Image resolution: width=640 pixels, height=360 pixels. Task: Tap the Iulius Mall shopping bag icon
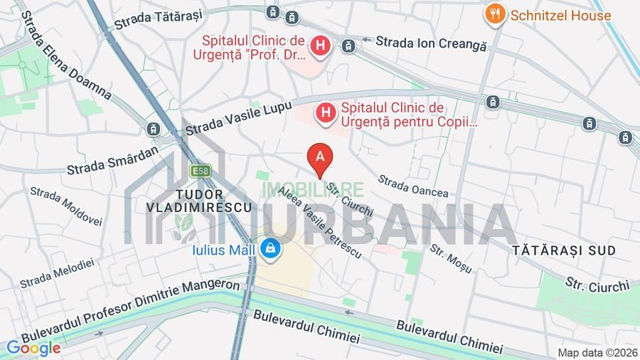[x=270, y=248]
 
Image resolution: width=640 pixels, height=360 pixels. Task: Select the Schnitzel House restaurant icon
[x=496, y=14]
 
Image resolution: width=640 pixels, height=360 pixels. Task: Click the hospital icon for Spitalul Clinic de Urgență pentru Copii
[x=326, y=112]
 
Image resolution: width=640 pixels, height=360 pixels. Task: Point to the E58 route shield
[x=200, y=171]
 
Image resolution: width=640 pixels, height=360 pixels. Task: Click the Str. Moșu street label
[x=450, y=258]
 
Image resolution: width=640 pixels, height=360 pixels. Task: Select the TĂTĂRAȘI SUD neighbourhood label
[x=564, y=250]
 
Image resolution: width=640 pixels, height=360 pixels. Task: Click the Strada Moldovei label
[x=66, y=206]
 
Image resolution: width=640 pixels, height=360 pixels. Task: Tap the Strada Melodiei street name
[x=56, y=273]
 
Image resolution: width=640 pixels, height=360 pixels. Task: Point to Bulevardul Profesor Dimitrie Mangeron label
[x=132, y=308]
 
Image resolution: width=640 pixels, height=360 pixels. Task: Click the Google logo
[x=33, y=348]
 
